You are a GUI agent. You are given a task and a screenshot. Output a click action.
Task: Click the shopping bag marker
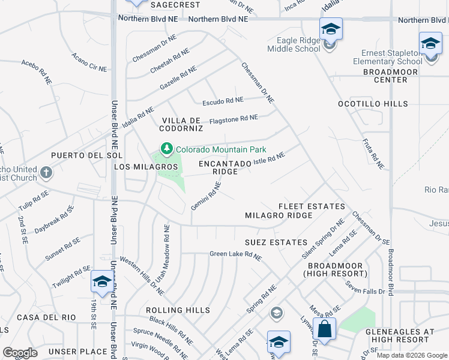point(324,330)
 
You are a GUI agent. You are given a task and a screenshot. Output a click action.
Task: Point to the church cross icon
point(47,173)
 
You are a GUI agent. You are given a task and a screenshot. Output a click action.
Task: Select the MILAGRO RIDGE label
point(279,215)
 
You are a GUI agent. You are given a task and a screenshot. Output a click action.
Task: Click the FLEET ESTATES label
point(312,206)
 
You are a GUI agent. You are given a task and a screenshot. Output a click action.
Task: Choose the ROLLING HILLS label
point(178,310)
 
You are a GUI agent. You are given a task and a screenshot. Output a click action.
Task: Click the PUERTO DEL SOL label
point(78,155)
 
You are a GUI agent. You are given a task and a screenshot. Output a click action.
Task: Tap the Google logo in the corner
point(20,353)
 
